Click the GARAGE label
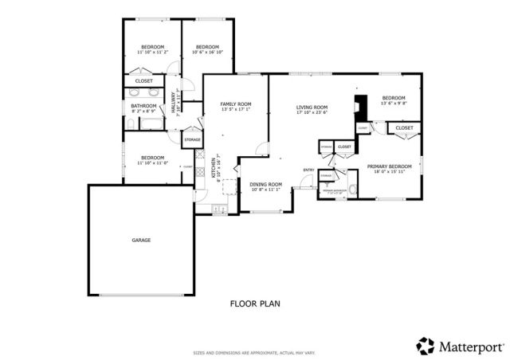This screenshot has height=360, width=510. click(x=141, y=240)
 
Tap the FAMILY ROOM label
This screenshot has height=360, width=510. click(x=236, y=104)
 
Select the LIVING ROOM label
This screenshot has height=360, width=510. click(x=312, y=108)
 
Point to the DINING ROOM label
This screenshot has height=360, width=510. click(x=266, y=184)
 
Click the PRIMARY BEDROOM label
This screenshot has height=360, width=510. click(x=390, y=166)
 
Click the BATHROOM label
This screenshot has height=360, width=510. click(x=144, y=105)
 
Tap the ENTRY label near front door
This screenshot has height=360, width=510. click(x=308, y=170)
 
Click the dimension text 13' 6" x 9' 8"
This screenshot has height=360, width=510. click(x=394, y=103)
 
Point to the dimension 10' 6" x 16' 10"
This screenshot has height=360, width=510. click(x=208, y=53)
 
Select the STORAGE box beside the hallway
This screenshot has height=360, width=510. click(x=192, y=140)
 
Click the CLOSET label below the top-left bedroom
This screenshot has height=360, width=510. click(x=144, y=81)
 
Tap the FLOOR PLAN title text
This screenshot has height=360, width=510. click(x=255, y=303)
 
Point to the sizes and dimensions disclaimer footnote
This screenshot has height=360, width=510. click(x=255, y=352)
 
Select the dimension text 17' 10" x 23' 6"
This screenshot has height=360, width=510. click(x=312, y=113)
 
